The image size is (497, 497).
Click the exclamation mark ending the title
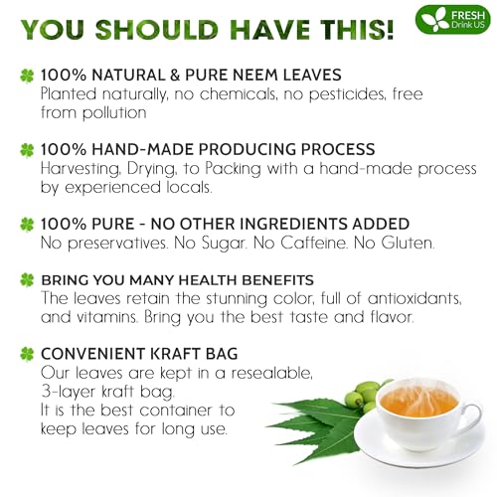388,27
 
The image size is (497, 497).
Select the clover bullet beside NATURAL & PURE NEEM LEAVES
26,75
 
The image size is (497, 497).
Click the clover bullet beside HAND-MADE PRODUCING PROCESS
26,150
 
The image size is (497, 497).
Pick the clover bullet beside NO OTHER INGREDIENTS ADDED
26,225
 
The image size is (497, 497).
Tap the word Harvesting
86,169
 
